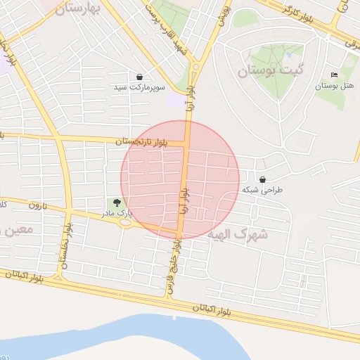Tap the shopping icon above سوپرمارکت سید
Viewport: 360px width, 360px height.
140,77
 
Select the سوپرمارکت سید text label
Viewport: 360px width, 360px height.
140,88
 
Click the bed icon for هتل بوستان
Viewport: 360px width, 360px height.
333,75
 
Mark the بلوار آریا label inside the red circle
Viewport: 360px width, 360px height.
184,202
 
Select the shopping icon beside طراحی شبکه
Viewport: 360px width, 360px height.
263,180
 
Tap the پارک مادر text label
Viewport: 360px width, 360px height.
118,212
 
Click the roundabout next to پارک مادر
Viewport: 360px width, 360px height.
125,223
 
